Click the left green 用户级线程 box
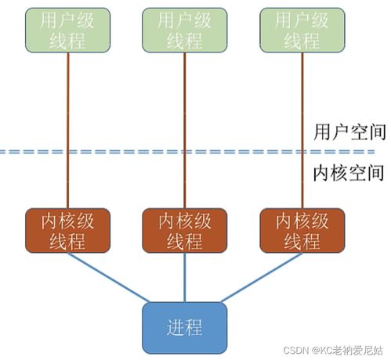pyautogui.click(x=67, y=31)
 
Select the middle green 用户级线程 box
pyautogui.click(x=184, y=31)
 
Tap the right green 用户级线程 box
pyautogui.click(x=302, y=31)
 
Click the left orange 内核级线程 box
pyautogui.click(x=67, y=230)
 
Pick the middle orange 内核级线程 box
pyautogui.click(x=184, y=230)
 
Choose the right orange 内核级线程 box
pyautogui.click(x=302, y=230)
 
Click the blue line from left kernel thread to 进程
pyautogui.click(x=110, y=278)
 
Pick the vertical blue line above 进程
pyautogui.click(x=184, y=277)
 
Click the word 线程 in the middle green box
pyautogui.click(x=184, y=41)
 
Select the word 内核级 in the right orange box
pyautogui.click(x=302, y=221)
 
